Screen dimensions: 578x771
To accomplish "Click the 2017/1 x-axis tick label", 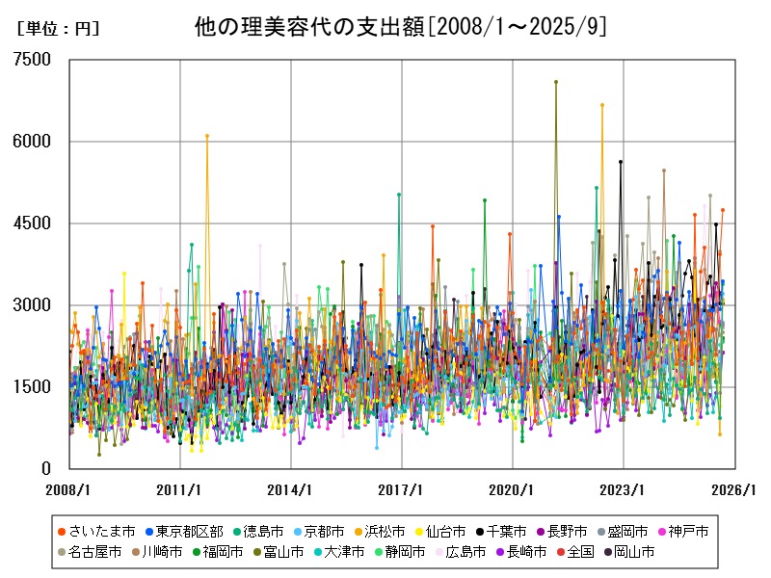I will coord(401,489).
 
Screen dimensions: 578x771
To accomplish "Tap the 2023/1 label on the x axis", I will coord(623,489).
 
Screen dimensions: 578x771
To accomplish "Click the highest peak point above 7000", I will coord(556,82).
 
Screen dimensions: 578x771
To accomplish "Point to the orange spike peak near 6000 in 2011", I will coord(207,136).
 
